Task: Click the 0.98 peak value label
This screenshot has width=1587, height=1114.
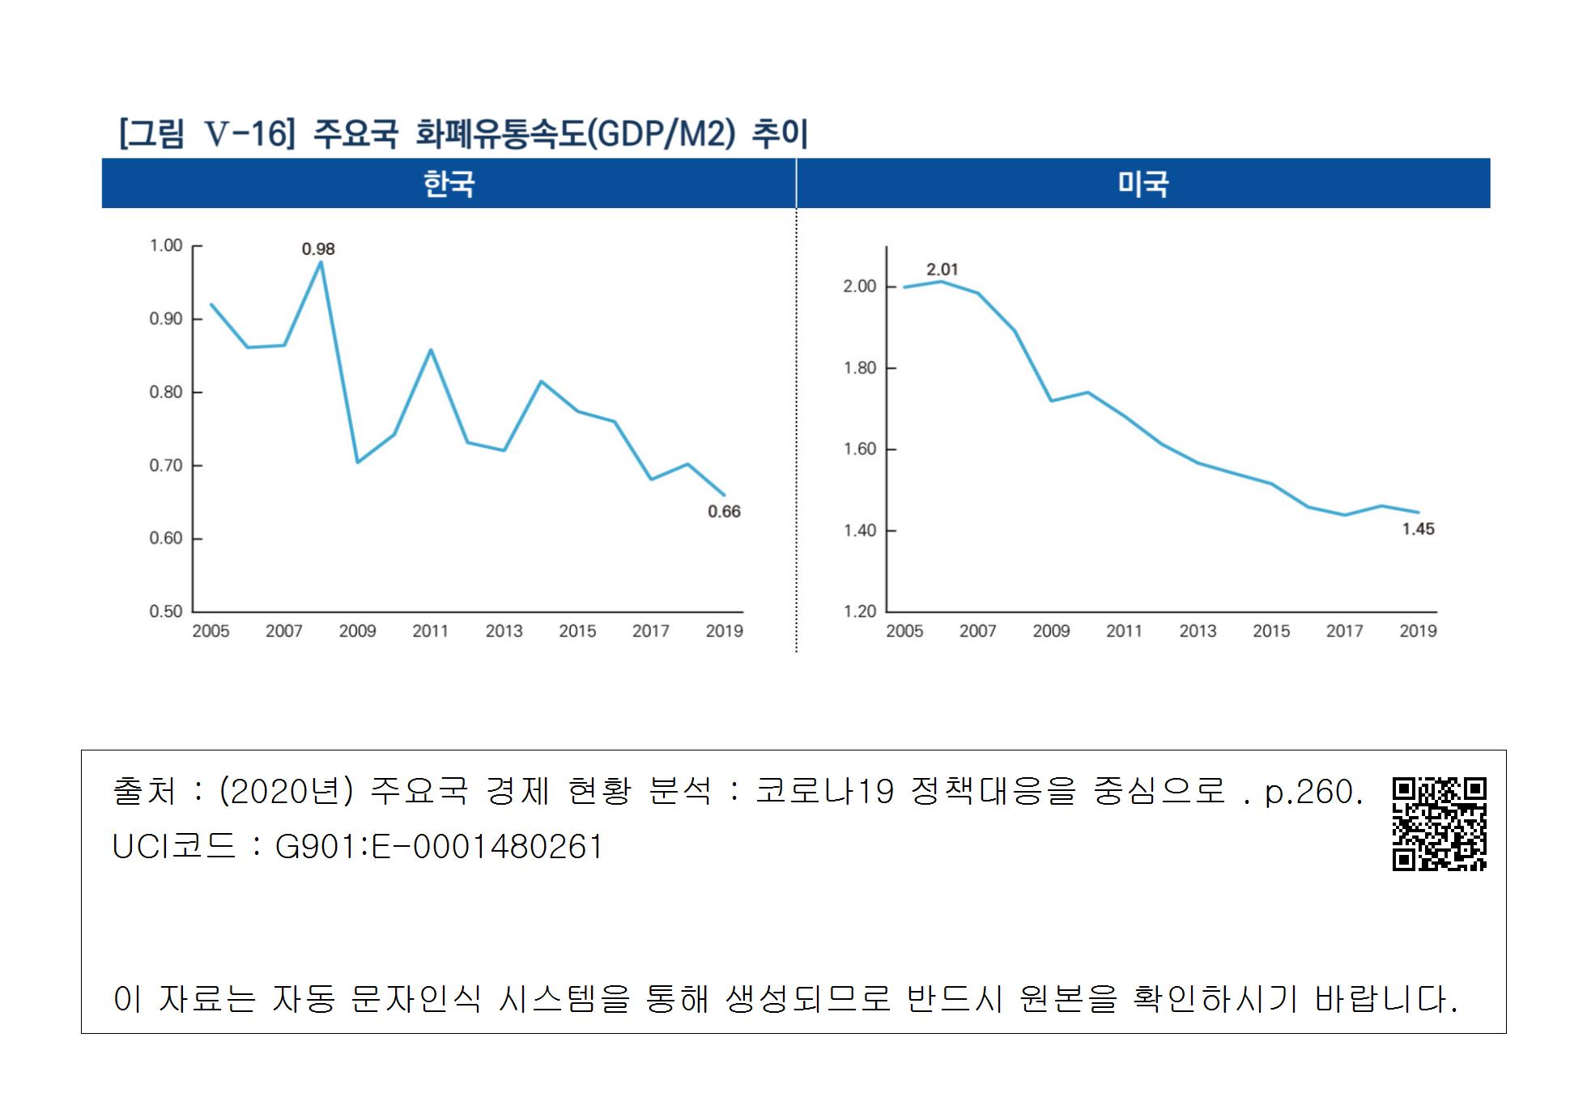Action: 318,249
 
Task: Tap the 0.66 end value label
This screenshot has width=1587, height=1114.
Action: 724,511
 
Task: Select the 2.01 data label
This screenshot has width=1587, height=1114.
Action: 942,270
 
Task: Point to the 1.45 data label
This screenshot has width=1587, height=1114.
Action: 1418,529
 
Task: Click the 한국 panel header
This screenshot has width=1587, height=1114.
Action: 449,184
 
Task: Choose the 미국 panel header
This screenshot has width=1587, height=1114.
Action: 1142,184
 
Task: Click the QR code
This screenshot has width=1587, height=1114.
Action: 1439,823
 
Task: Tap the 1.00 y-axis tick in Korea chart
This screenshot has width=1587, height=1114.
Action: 166,245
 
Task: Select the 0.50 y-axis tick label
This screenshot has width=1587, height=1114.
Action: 166,611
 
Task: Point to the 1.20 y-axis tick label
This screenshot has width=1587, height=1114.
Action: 860,611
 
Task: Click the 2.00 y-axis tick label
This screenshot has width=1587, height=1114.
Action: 860,286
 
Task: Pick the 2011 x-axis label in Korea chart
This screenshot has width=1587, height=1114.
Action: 430,631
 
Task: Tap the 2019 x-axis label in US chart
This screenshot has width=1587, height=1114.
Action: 1418,631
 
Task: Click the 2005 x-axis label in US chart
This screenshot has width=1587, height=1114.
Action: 904,631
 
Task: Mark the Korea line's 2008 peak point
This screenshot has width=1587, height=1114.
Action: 321,261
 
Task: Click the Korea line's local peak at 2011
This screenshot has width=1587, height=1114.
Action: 430,350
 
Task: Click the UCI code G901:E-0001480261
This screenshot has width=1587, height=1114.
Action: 439,847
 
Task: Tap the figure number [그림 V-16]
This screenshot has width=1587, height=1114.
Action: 206,134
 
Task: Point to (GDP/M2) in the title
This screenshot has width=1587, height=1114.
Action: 659,134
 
